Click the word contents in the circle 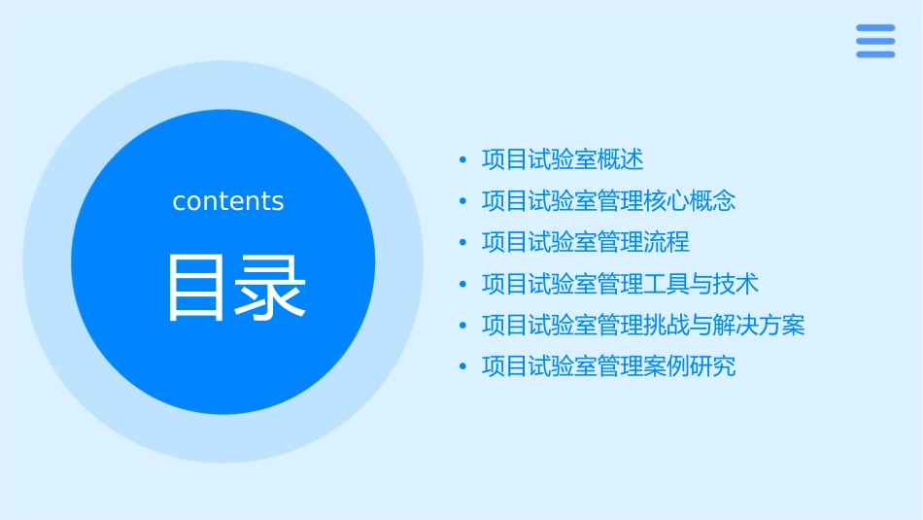coord(228,201)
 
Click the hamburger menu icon coord(875,41)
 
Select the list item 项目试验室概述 coord(563,159)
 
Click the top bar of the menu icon coord(875,28)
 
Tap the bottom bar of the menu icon coord(875,54)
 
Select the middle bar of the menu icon coord(875,41)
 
